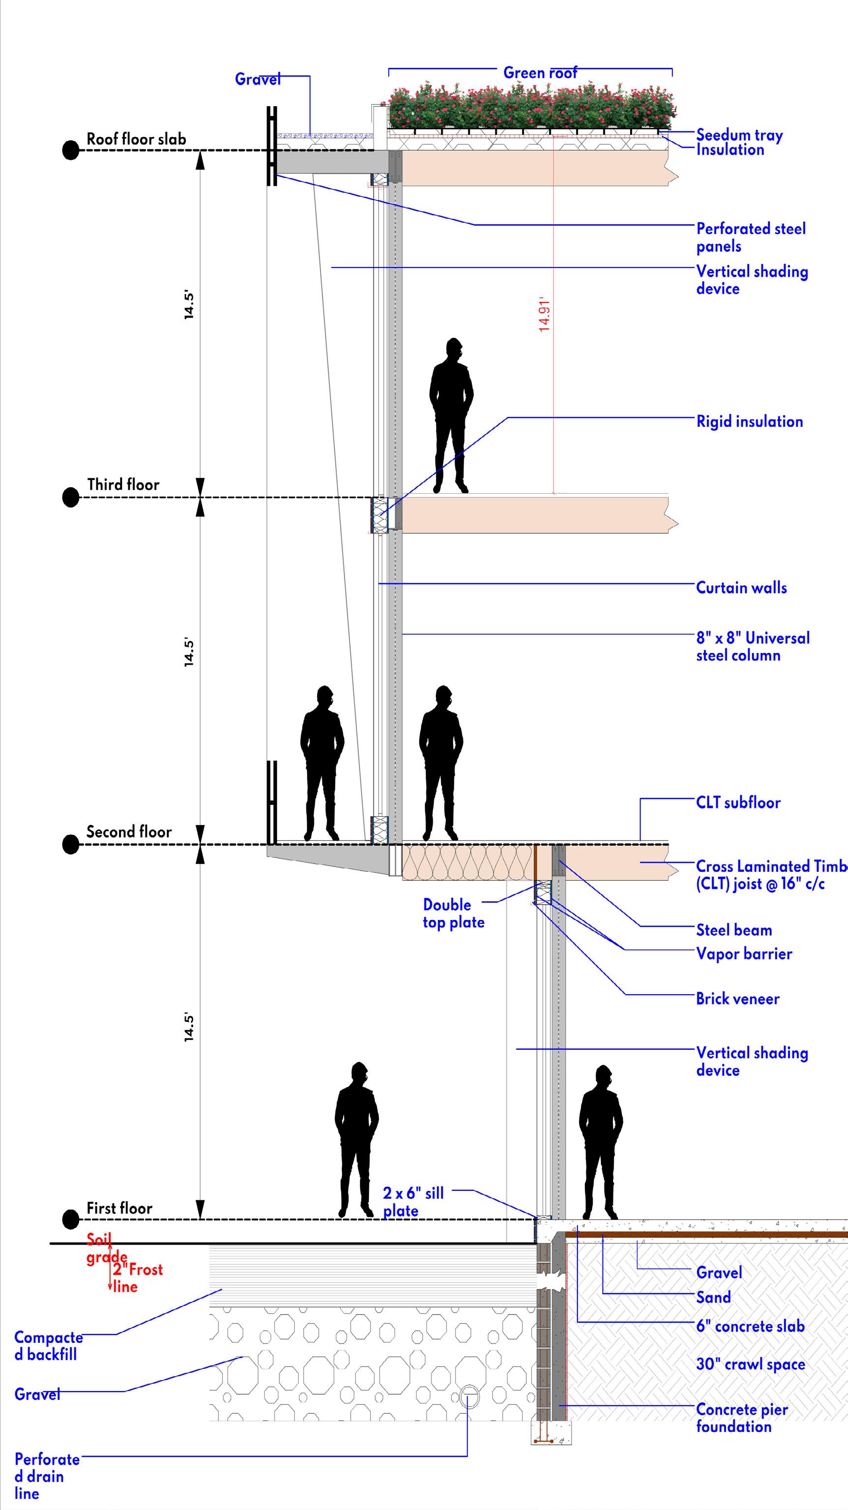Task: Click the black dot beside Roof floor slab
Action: point(71,150)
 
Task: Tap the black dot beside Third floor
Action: point(71,497)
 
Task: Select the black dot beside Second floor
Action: point(71,844)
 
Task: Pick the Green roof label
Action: point(540,73)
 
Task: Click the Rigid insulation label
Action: point(750,421)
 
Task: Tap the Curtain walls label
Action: point(741,588)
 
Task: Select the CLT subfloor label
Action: point(738,802)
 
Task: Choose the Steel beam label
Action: point(734,930)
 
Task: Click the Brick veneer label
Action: point(738,999)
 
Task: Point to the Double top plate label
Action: point(454,913)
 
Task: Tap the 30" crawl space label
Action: point(751,1364)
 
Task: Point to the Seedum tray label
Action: point(739,135)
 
